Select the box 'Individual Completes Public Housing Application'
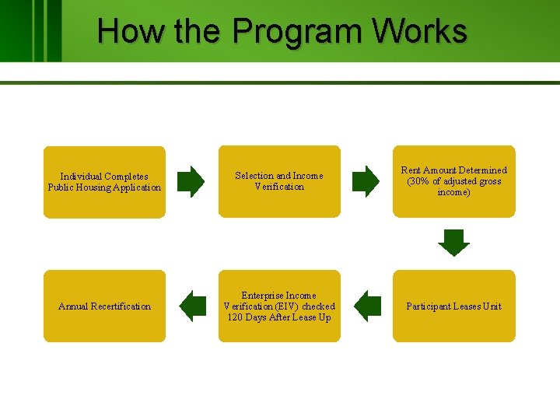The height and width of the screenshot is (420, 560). (x=104, y=182)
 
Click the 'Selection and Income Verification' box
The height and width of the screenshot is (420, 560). (x=279, y=181)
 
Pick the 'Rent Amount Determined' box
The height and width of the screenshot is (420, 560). (x=453, y=181)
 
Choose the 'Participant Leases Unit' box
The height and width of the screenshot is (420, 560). (x=453, y=306)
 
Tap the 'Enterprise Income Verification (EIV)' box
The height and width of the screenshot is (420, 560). (x=279, y=306)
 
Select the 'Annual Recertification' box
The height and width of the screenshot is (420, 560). (x=104, y=306)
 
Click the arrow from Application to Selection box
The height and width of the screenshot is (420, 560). (x=191, y=181)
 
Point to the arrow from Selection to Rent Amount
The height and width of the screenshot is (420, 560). (x=366, y=181)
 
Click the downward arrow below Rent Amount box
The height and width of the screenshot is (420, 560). (x=453, y=242)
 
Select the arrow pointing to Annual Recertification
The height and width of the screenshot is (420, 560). (x=192, y=305)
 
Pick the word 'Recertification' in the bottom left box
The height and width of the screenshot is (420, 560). (x=121, y=306)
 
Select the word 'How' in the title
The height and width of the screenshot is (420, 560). (x=120, y=31)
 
